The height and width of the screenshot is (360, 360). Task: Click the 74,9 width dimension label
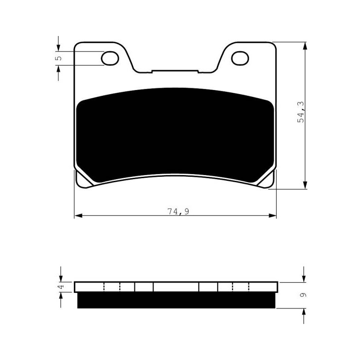(x=178, y=211)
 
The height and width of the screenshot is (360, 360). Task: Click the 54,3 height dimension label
(x=301, y=112)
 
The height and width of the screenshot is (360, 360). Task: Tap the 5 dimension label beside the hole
(x=59, y=58)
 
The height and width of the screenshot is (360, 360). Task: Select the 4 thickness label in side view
(x=61, y=287)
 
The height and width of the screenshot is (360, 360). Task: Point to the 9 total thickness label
(x=303, y=295)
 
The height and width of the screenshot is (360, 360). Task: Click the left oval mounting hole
(x=110, y=58)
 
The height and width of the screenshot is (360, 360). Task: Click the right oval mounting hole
(x=240, y=58)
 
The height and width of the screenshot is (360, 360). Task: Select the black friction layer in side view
(x=176, y=300)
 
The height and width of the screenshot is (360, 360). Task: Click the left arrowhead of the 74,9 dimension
(x=78, y=216)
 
